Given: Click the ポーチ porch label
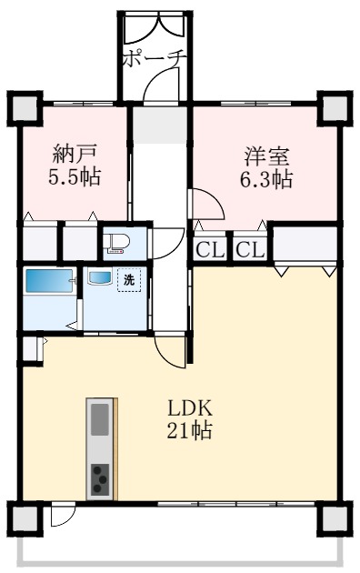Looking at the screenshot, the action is click(155, 59).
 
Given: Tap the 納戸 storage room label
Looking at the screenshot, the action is click(75, 155).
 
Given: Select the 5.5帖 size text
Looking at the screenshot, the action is click(75, 176).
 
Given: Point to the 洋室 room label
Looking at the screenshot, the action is click(266, 156).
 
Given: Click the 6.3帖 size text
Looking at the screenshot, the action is click(266, 178).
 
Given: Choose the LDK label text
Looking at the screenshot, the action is click(190, 408).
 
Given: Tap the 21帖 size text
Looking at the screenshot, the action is click(190, 429).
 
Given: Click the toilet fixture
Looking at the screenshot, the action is click(115, 244).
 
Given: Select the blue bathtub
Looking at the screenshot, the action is click(49, 281).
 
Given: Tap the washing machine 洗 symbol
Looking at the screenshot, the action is click(129, 280).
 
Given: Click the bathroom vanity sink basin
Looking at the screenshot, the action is click(99, 278).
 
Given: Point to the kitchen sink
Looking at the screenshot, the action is click(100, 419).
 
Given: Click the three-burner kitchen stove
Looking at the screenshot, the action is click(100, 478).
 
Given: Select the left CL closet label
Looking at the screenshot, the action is click(210, 251).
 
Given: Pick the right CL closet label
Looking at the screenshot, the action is click(250, 251).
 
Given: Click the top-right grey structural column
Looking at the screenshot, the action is click(335, 108).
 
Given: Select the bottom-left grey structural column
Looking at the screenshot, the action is click(25, 518).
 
